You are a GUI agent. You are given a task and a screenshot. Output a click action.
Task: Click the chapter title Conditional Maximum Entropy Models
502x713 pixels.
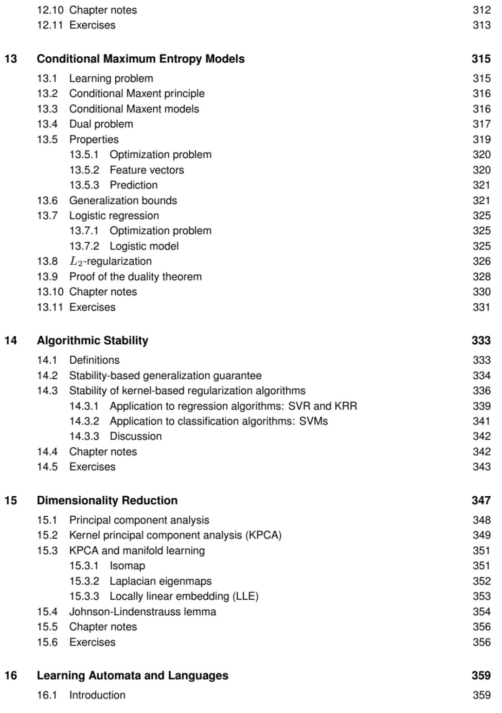click(x=140, y=59)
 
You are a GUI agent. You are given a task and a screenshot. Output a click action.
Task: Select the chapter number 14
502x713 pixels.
click(x=11, y=340)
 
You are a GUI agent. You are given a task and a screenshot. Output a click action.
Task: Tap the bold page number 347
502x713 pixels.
click(x=481, y=500)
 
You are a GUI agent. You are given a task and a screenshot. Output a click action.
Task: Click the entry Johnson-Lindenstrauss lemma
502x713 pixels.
click(x=142, y=612)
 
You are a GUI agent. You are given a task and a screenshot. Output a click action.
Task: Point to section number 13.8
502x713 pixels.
click(x=47, y=261)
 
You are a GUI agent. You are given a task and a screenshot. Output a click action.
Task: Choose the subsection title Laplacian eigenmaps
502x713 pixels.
click(x=160, y=581)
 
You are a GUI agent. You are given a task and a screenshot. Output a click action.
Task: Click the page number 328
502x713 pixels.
click(x=482, y=277)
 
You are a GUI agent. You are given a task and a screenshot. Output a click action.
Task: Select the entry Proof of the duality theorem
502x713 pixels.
click(x=135, y=277)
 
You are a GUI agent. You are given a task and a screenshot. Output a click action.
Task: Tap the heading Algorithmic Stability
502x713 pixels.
click(x=92, y=340)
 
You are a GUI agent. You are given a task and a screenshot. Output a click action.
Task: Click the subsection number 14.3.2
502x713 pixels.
click(x=84, y=421)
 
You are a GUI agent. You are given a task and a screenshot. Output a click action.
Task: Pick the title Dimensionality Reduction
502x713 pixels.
click(x=107, y=500)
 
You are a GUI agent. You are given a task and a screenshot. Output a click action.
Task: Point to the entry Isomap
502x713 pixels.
click(x=127, y=566)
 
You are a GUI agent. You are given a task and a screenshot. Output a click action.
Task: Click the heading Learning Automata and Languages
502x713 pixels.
click(x=132, y=675)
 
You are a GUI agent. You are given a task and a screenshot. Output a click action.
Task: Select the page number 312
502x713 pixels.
click(x=482, y=10)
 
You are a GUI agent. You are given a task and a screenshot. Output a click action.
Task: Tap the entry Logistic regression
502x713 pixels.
click(x=114, y=216)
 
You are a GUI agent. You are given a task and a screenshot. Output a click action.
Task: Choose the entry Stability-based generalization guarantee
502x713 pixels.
click(x=165, y=376)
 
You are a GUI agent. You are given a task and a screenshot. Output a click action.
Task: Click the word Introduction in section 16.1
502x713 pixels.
click(x=97, y=695)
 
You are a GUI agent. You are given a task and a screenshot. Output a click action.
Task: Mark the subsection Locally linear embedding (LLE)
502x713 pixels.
click(x=184, y=596)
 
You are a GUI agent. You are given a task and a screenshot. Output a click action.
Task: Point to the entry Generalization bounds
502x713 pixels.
click(x=123, y=200)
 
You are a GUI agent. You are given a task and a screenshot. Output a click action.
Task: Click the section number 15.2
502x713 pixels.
click(x=47, y=535)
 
